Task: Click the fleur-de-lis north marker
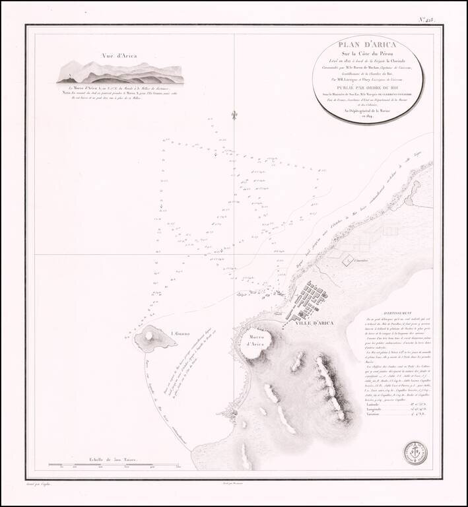click(x=233, y=116)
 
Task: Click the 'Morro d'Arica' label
click(x=253, y=339)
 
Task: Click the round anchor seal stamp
click(x=416, y=453)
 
